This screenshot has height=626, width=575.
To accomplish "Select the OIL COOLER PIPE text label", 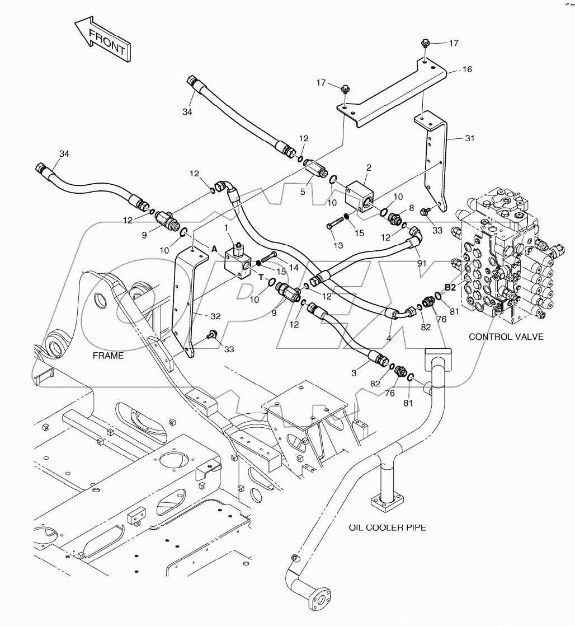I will [x=387, y=527].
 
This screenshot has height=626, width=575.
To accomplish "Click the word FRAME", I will [x=109, y=356].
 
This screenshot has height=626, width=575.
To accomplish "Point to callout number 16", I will [x=467, y=69].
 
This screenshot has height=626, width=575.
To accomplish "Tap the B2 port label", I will [x=450, y=287].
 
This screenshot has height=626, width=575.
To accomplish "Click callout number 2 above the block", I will [x=369, y=167].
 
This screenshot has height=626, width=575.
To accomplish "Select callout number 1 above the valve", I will [x=226, y=227].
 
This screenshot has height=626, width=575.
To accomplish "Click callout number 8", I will [x=411, y=207].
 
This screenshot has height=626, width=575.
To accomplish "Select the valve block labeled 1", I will [x=238, y=263].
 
